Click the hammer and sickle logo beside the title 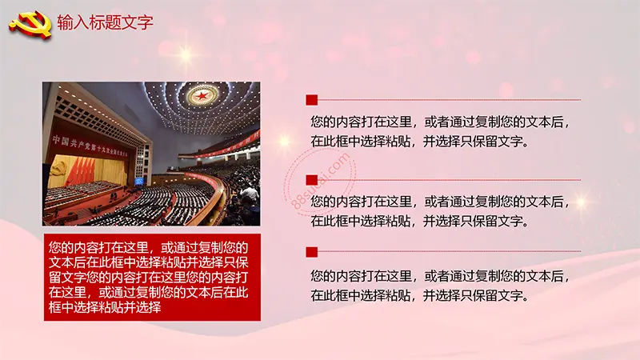click(x=31, y=25)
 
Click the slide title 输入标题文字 click(x=105, y=22)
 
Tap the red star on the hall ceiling click(x=202, y=96)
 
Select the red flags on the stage click(x=81, y=171)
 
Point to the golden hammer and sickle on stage click(x=58, y=168)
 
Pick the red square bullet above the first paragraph click(x=312, y=100)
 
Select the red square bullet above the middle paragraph click(x=312, y=180)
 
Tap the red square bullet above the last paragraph click(x=312, y=252)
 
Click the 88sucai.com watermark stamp click(x=319, y=182)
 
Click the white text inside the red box click(x=149, y=277)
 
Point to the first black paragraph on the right click(x=439, y=131)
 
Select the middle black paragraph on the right click(x=439, y=211)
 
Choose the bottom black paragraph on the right click(x=439, y=286)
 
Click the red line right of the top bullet click(x=449, y=99)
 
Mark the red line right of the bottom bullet click(x=449, y=251)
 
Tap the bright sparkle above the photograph click(x=186, y=55)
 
